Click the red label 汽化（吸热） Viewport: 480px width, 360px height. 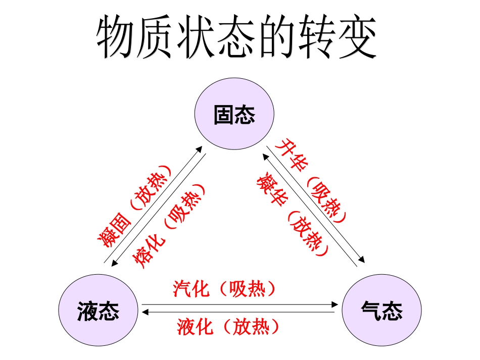[225, 289]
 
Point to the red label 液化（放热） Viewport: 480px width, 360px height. [228, 327]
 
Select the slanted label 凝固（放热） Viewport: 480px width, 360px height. [135, 207]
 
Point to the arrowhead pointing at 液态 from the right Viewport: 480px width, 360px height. [146, 313]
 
